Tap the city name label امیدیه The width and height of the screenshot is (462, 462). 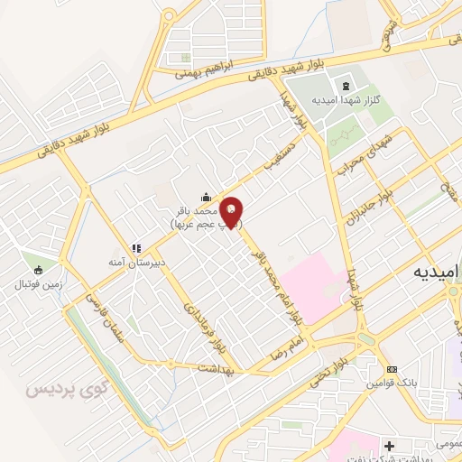pos(431,271)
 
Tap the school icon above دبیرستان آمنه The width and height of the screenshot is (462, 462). pos(137,247)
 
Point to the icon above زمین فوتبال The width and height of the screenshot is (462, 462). pos(38,269)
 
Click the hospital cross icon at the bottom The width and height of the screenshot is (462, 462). pos(389,446)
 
